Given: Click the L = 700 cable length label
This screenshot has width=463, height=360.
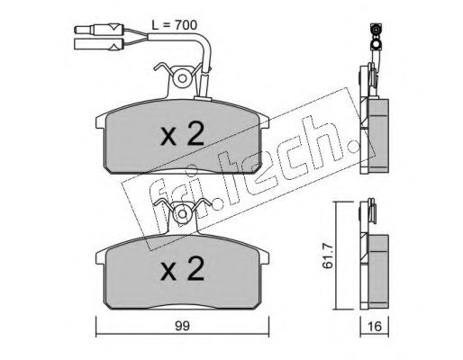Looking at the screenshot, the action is pyautogui.click(x=174, y=25).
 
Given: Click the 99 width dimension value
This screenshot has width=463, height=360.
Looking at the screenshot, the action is pyautogui.click(x=182, y=326).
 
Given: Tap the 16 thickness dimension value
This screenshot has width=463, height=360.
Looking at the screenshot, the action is pyautogui.click(x=374, y=326).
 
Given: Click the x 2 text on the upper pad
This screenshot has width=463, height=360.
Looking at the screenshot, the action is pyautogui.click(x=182, y=135).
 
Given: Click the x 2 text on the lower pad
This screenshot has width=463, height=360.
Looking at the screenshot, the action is pyautogui.click(x=182, y=269).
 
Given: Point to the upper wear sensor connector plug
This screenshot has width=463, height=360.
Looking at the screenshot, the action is pyautogui.click(x=99, y=30).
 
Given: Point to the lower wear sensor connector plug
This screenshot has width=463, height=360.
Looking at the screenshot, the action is pyautogui.click(x=98, y=44).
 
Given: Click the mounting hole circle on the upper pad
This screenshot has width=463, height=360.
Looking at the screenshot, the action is pyautogui.click(x=182, y=78).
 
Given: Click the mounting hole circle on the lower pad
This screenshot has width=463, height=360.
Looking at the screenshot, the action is pyautogui.click(x=182, y=214).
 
